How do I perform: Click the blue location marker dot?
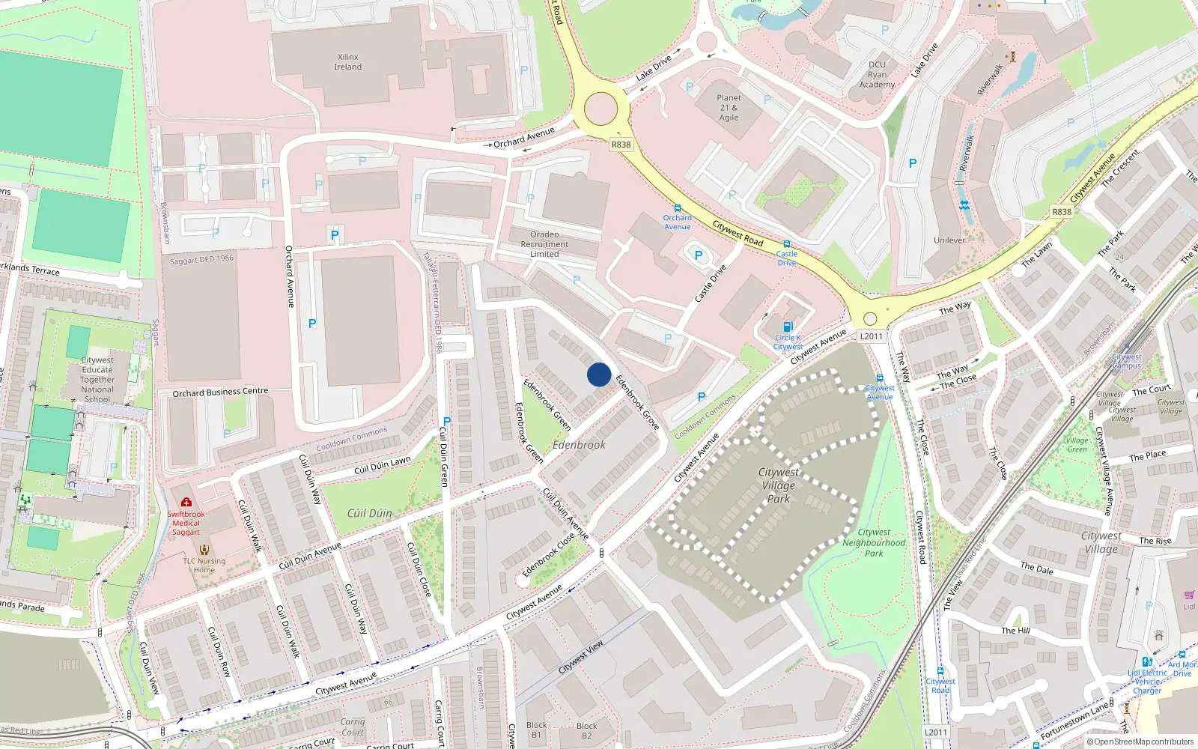point(599,374)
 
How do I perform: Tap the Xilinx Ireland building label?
point(348,62)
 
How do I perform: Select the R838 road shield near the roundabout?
point(621,145)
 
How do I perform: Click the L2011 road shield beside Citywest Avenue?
point(872,336)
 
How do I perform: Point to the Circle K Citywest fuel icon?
point(788,327)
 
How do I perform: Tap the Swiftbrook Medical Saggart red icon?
point(186,503)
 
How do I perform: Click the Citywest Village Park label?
point(779,485)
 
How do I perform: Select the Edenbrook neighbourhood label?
point(579,445)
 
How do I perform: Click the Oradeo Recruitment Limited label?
point(544,244)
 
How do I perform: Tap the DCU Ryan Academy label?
point(877,74)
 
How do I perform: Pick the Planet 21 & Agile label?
point(729,108)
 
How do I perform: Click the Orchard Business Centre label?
point(220,392)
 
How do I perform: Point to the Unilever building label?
point(949,240)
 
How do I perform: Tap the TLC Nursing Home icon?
point(204,550)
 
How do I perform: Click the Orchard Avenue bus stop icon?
point(678,209)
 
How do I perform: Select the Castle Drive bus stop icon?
point(786,244)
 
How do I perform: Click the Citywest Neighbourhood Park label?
point(874,543)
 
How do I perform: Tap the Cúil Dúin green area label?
point(370,513)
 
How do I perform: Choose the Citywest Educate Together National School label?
point(97,379)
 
